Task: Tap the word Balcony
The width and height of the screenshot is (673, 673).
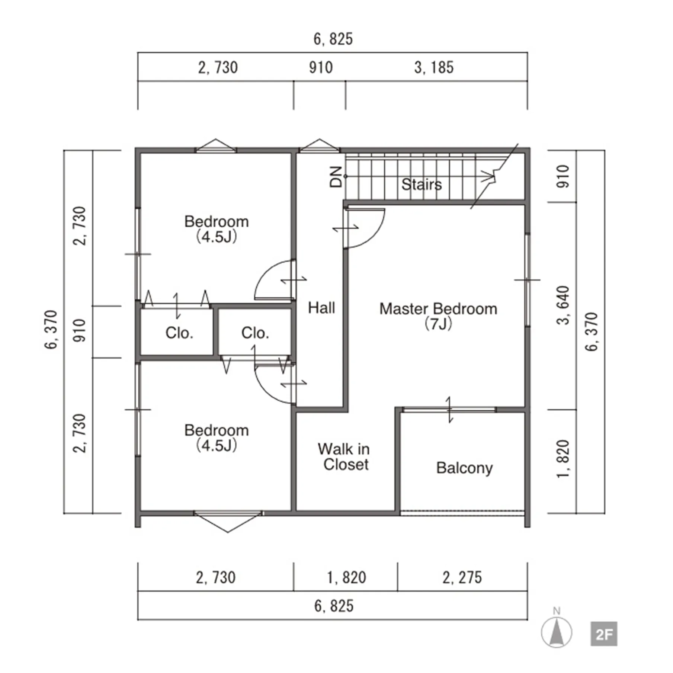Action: (x=464, y=468)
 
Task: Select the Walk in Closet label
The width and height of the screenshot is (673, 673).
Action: (x=344, y=456)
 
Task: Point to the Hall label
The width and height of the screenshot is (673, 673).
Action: (x=321, y=308)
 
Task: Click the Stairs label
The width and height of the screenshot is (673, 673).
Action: (x=422, y=184)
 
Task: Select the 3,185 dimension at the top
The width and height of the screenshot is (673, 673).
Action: (x=434, y=68)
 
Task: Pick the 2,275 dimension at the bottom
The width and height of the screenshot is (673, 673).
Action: (x=462, y=577)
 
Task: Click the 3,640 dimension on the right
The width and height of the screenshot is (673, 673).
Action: (x=563, y=305)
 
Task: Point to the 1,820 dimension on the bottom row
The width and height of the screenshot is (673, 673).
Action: (x=346, y=577)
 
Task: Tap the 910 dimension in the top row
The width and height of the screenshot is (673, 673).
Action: (x=321, y=68)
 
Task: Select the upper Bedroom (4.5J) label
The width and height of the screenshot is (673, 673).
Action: (x=217, y=229)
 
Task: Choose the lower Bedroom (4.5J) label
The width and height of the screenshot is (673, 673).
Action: (x=217, y=438)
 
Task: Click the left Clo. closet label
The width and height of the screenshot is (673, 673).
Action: (x=179, y=333)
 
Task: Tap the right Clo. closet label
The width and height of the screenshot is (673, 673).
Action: (x=255, y=333)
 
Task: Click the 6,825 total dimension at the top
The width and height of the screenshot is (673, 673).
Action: (x=333, y=39)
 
